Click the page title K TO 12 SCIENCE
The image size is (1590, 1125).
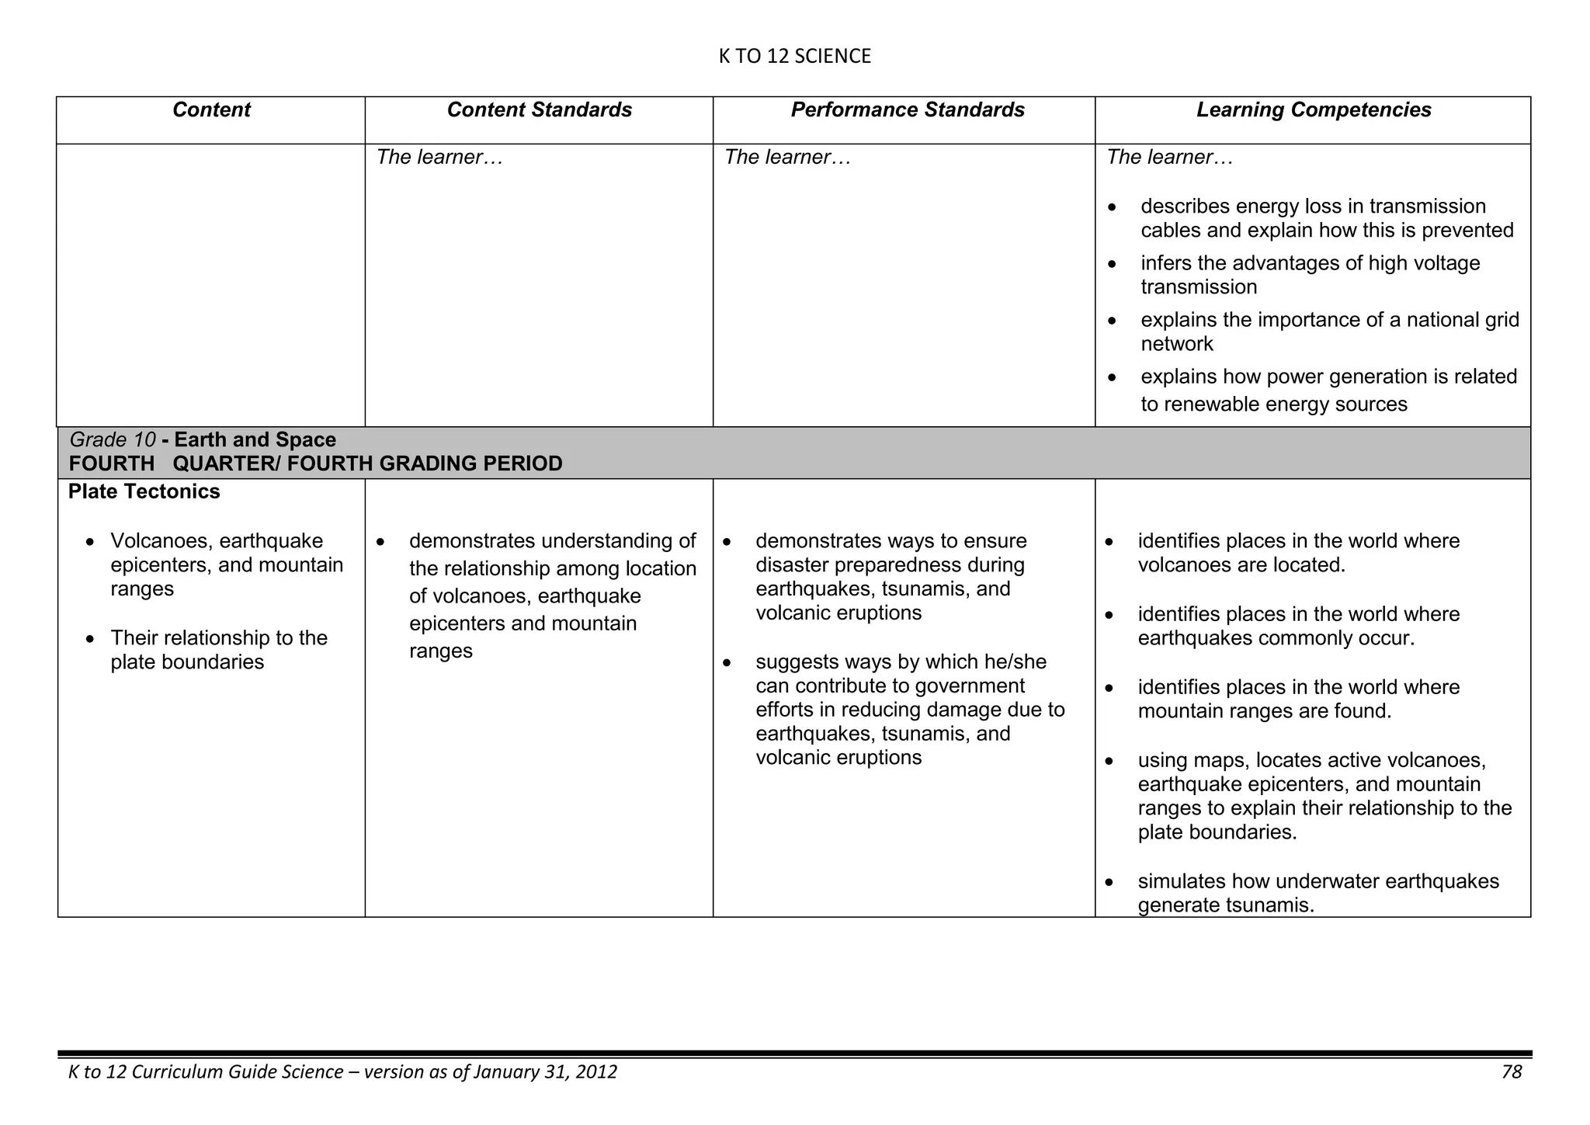click(794, 56)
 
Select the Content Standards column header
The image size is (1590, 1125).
click(539, 110)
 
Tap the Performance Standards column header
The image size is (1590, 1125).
click(908, 110)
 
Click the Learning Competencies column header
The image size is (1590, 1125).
click(1314, 110)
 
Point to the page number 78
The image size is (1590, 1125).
click(1512, 1072)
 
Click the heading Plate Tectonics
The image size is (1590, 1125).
click(144, 491)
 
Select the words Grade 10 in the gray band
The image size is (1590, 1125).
click(113, 439)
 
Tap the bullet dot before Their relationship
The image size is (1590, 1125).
click(92, 639)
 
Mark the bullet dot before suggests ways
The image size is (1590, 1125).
click(727, 663)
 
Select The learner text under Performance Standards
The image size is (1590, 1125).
click(787, 158)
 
